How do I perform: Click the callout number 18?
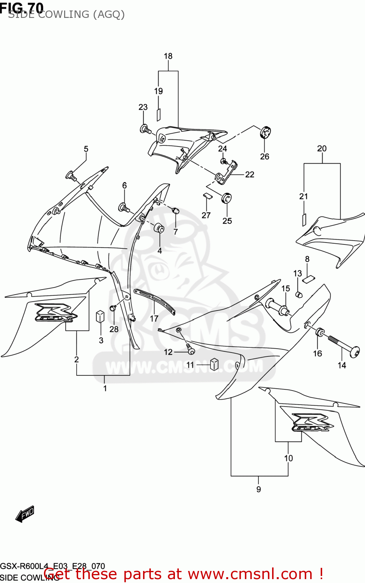[168, 56]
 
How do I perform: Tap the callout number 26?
[264, 157]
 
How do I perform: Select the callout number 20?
[322, 148]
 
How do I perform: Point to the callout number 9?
[258, 489]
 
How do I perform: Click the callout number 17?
[154, 319]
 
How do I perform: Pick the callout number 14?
[342, 365]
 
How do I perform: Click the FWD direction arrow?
[25, 514]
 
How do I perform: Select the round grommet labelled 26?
[265, 133]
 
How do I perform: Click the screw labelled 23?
[145, 129]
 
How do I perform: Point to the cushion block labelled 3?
[100, 316]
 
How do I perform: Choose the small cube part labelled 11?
[214, 364]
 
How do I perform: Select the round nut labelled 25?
[227, 198]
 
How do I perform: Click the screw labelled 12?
[190, 349]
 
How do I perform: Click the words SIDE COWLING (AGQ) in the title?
[66, 15]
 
